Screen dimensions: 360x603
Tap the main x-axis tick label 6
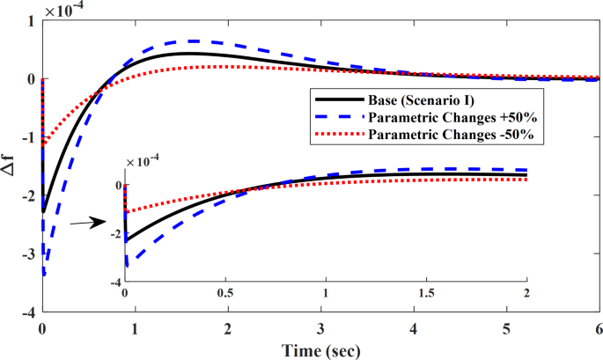598,328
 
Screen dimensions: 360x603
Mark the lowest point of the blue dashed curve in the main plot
44,276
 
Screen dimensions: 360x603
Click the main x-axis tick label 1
135,328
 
